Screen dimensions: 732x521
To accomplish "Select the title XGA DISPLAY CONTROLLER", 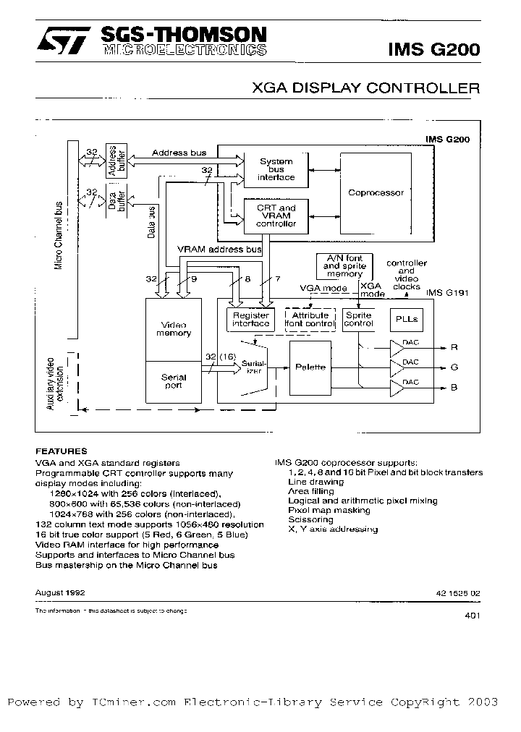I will [x=365, y=89].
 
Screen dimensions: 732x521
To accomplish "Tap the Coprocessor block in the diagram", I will [x=376, y=192].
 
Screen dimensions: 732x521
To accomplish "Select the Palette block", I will [x=310, y=367].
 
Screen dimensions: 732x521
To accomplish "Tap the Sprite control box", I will [x=358, y=319].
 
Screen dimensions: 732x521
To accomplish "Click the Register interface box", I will [x=250, y=319].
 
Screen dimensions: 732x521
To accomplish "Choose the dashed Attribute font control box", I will [x=310, y=319].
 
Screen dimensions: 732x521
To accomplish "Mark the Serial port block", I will [x=173, y=381].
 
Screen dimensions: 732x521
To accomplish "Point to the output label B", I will [x=454, y=388].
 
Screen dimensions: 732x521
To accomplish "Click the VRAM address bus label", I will [x=219, y=250].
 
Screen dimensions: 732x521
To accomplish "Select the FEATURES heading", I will [x=62, y=451].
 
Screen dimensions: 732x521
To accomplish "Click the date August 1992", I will [x=60, y=592].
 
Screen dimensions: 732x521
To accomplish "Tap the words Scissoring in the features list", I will [x=310, y=519].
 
